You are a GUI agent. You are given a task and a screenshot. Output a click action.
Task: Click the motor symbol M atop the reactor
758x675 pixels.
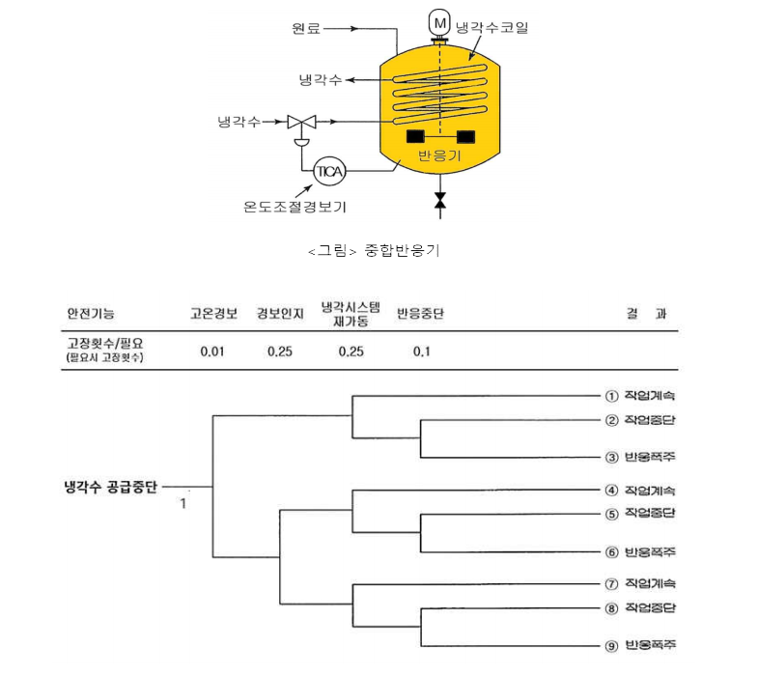pos(439,21)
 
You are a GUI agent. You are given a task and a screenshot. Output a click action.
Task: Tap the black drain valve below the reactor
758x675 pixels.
pos(440,201)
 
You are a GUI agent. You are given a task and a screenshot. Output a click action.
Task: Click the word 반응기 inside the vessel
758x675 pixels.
pos(438,155)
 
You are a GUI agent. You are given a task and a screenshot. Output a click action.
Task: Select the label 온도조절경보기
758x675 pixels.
pos(295,206)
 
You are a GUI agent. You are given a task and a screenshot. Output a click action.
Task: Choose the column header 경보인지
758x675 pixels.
pos(280,314)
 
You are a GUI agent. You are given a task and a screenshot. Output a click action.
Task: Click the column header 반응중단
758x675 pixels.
pos(420,314)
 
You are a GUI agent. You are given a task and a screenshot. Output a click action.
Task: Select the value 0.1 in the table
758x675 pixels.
pos(421,351)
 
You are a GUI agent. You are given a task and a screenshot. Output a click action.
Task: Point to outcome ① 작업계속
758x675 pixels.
pos(640,395)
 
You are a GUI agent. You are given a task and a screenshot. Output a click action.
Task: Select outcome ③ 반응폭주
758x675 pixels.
pos(640,457)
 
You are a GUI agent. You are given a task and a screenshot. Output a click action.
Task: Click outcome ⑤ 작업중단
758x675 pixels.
pos(640,513)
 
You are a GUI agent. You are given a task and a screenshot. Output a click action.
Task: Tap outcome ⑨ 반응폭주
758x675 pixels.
pos(640,645)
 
